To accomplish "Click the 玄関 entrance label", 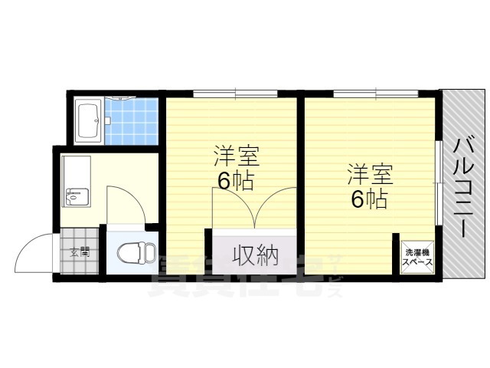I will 80,251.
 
